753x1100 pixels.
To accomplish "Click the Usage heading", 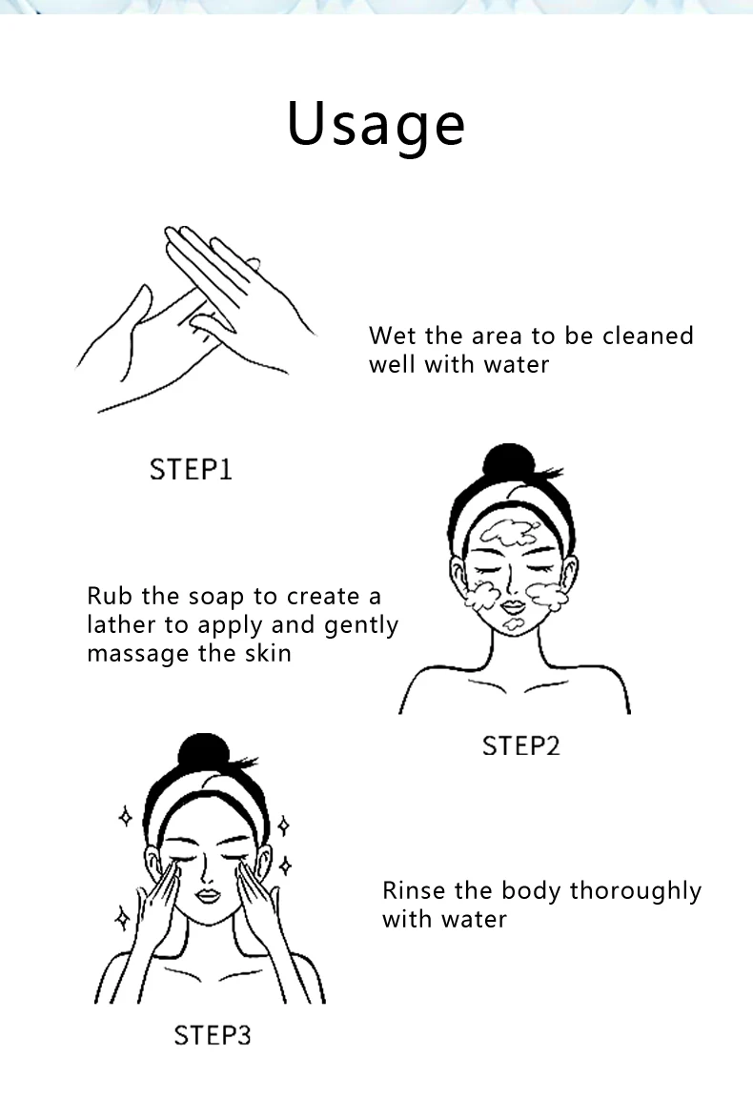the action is coord(376,125).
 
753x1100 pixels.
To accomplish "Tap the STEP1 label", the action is coord(191,469).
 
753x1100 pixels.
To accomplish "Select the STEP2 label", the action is coord(520,745).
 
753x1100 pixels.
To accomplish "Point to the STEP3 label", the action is coord(212,1035).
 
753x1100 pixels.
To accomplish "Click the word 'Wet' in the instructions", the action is coord(393,336).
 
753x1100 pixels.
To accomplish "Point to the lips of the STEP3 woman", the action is coord(208,896).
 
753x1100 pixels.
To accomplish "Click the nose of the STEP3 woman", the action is coord(205,872).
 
